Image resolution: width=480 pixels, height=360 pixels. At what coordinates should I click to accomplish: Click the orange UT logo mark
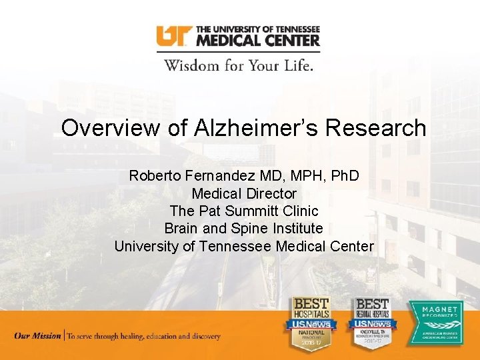pos(174,36)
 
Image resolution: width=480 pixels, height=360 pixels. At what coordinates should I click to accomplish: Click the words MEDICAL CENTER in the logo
pos(257,40)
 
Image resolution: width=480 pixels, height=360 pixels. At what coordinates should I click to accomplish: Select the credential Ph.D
pos(340,176)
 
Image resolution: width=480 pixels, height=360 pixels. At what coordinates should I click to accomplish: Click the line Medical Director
pos(244,194)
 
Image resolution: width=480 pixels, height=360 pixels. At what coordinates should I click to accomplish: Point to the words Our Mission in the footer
pos(37,336)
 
